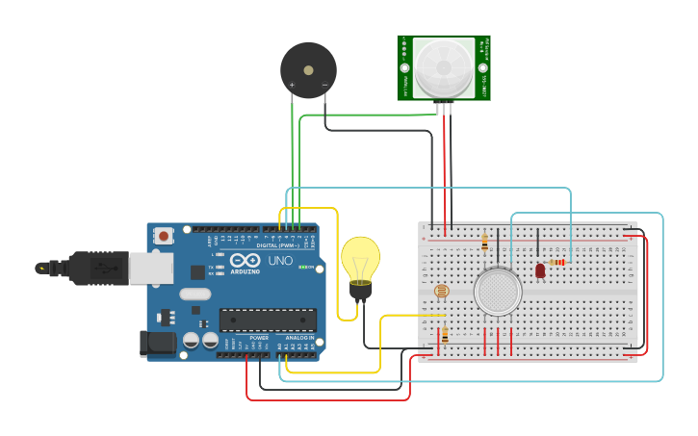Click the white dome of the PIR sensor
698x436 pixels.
click(x=444, y=67)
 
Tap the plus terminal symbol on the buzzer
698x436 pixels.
click(x=292, y=86)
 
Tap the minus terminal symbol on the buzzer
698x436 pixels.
click(x=324, y=86)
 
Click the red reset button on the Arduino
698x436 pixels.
click(x=164, y=236)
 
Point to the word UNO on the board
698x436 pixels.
click(x=279, y=261)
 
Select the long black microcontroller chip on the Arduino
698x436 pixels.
click(x=268, y=320)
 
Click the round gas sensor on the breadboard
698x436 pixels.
click(x=498, y=290)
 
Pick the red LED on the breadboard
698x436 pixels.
click(x=540, y=271)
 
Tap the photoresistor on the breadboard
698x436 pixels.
click(x=442, y=291)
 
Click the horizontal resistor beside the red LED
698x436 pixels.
click(x=557, y=261)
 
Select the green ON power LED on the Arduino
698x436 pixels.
click(x=305, y=268)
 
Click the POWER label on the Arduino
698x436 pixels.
click(x=259, y=338)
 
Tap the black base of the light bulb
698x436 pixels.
click(x=361, y=291)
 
